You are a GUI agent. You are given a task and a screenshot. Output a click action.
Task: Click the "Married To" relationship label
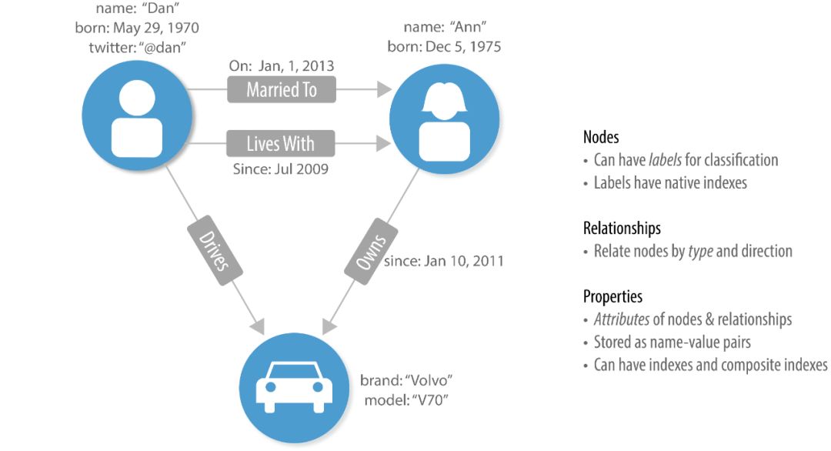click(x=282, y=90)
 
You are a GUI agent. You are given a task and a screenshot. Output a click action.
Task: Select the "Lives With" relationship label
click(x=281, y=143)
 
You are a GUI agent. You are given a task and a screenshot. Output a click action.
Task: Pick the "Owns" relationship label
click(x=371, y=251)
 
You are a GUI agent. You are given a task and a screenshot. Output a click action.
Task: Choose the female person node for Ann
click(x=444, y=117)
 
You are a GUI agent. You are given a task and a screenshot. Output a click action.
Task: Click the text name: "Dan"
click(x=136, y=10)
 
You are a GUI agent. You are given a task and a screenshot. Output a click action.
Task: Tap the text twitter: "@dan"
click(x=137, y=46)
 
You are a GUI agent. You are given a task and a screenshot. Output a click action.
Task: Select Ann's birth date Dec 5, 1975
click(x=444, y=47)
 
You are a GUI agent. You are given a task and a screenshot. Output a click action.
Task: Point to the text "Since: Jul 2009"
click(x=280, y=169)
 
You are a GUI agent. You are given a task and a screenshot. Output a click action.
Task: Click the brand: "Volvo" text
click(x=406, y=381)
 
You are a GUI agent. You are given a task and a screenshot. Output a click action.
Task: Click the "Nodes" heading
click(x=601, y=138)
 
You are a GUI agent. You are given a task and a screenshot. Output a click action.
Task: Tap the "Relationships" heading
click(x=622, y=229)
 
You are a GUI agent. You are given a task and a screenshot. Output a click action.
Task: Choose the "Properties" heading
click(x=612, y=296)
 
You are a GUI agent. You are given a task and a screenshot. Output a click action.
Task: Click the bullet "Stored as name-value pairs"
click(x=672, y=342)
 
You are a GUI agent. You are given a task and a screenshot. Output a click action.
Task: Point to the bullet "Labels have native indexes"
click(x=670, y=183)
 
